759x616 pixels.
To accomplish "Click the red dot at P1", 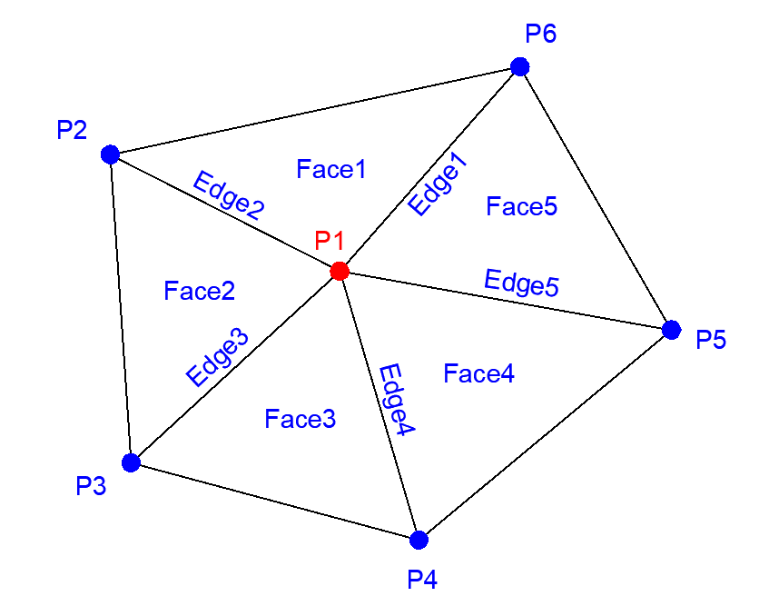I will pos(340,271).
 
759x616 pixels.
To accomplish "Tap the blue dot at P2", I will pos(111,154).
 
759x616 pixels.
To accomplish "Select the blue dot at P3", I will pos(131,462).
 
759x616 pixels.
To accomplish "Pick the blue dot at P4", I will pos(419,540).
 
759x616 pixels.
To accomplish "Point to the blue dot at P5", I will pos(671,330).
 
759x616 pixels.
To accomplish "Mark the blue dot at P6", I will pos(519,66).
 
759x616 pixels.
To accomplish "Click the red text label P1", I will pos(330,241).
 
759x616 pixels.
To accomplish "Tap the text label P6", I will pos(541,35).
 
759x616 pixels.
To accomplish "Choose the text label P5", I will pos(712,341).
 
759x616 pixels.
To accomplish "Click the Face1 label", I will pos(331,169).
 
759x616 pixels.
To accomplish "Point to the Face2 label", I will pos(200,291).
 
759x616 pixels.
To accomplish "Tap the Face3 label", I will pos(301,419).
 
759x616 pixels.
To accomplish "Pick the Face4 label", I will pos(479,373).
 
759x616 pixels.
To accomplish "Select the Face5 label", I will pos(521,206).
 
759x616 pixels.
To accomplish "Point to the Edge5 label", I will pos(522,283).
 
